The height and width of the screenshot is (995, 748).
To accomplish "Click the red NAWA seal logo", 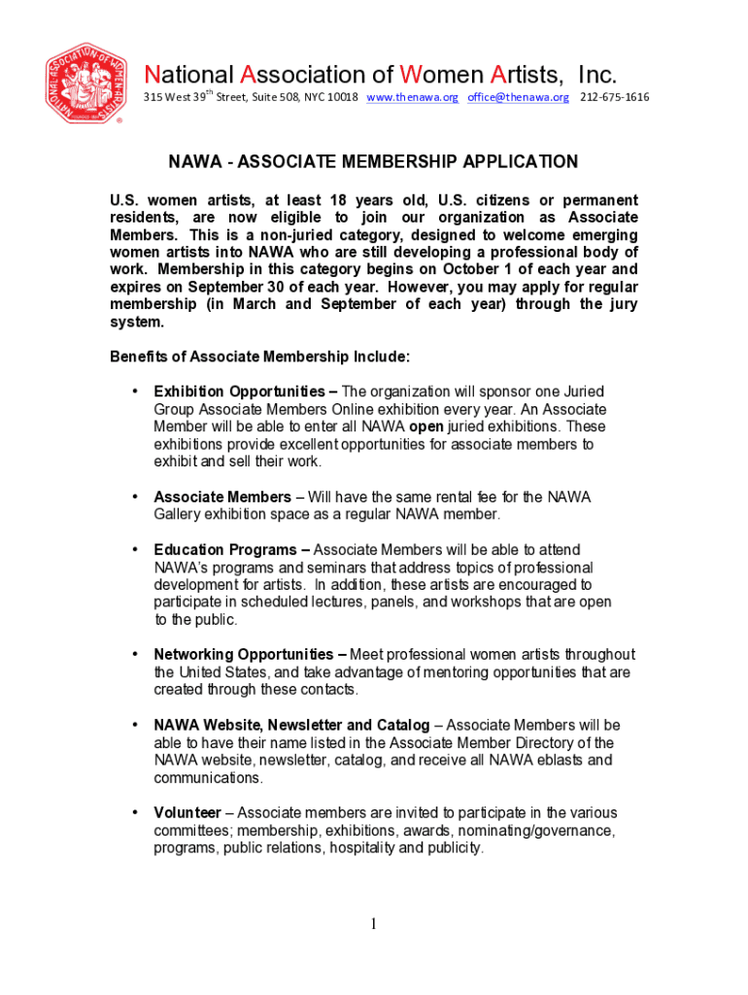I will [x=85, y=84].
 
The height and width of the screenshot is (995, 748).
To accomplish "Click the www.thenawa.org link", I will [x=412, y=97].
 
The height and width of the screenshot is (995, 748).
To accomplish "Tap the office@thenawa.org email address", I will [x=518, y=97].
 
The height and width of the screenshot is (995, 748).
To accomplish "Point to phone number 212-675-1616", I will [x=614, y=97].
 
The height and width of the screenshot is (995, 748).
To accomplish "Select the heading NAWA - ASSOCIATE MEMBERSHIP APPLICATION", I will [x=374, y=161].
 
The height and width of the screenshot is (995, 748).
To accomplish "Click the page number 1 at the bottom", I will [x=374, y=924].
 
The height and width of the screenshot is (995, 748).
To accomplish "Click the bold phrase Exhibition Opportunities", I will [x=239, y=392].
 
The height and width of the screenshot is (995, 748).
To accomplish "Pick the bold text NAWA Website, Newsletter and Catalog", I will [x=291, y=725].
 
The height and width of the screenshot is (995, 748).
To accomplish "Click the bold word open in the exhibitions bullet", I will [x=427, y=427].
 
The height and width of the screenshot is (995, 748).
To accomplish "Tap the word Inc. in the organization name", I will [x=596, y=75].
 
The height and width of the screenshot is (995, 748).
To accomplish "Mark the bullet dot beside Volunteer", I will [x=134, y=812].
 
